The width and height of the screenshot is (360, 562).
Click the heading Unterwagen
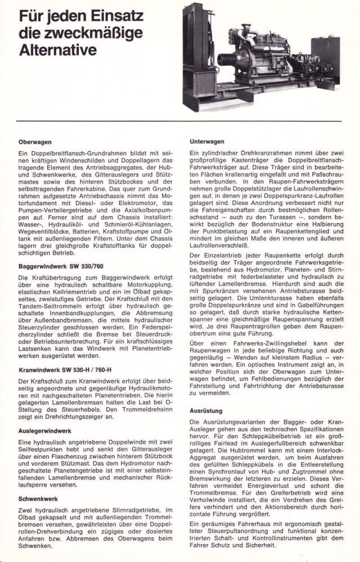207,142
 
